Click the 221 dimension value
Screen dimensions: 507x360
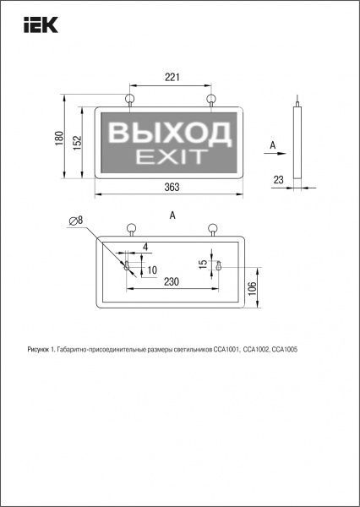[x=172, y=78]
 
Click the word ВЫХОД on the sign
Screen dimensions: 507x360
[x=170, y=132]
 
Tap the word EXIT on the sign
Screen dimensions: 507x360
[x=169, y=156]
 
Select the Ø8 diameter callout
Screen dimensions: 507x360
[x=77, y=221]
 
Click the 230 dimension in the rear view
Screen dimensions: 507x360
[x=171, y=281]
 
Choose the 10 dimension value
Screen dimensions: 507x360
[x=152, y=270]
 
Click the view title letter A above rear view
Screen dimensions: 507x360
[x=173, y=215]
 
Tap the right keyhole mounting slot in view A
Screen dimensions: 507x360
[x=218, y=266]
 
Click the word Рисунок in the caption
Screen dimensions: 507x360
[x=39, y=349]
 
